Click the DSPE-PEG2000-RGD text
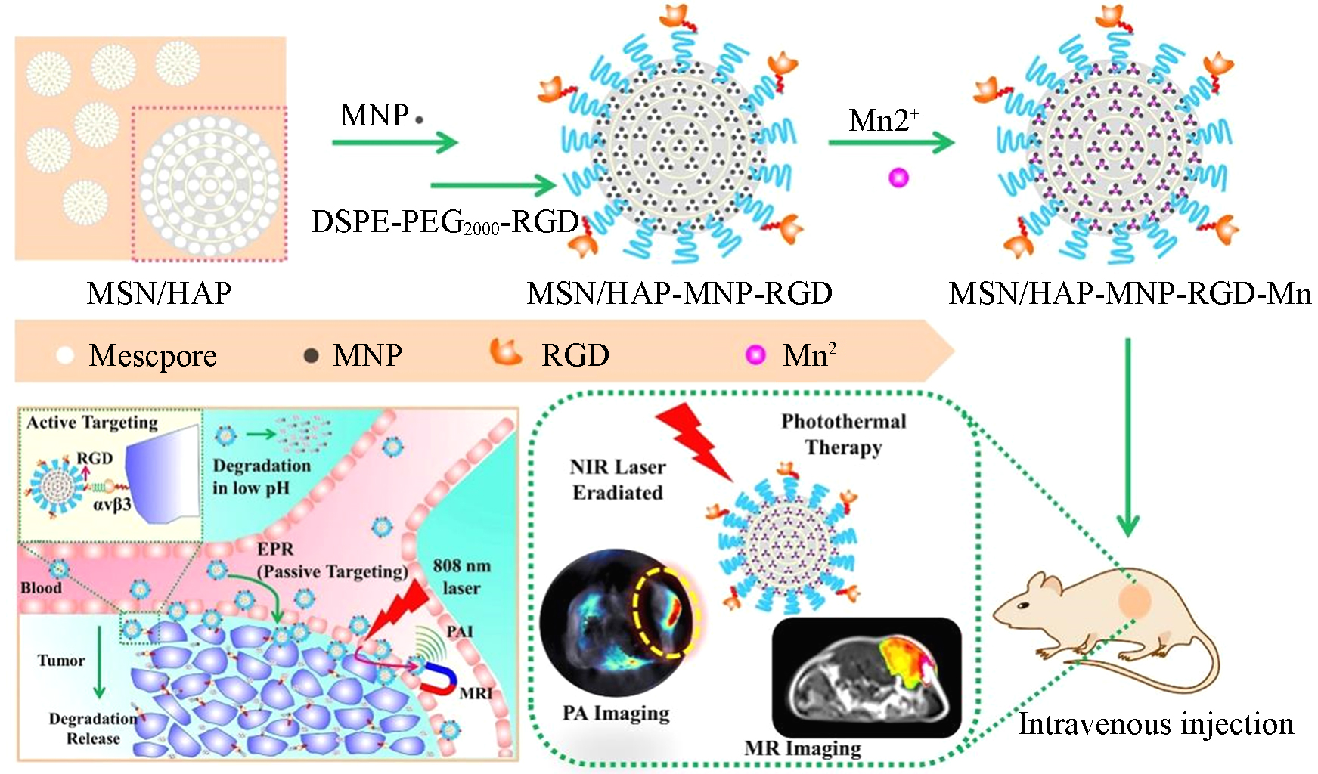[445, 222]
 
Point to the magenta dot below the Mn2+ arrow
[898, 178]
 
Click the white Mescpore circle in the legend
[65, 354]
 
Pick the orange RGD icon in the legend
[506, 351]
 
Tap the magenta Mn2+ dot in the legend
[755, 354]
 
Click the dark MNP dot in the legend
[310, 354]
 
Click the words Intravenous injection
[1155, 724]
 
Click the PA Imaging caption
[616, 714]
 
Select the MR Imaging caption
[802, 748]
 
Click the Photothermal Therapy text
[843, 434]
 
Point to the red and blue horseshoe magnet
[439, 676]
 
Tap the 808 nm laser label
[461, 577]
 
